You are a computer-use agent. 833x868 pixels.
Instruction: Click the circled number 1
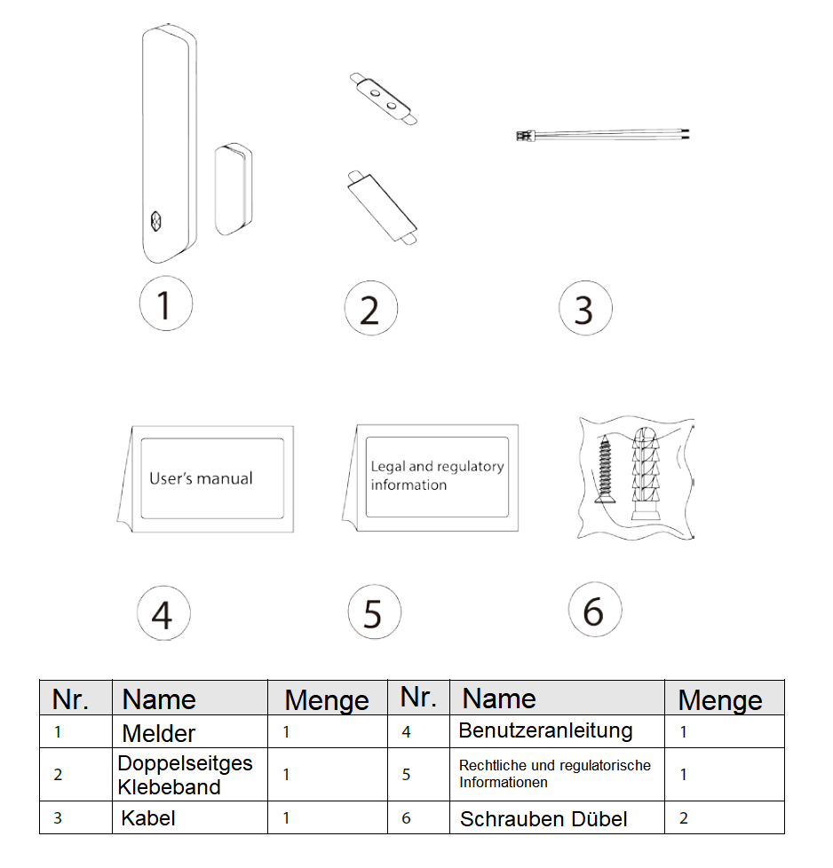point(165,304)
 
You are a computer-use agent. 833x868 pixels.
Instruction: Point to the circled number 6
point(594,611)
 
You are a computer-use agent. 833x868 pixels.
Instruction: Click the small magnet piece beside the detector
point(234,189)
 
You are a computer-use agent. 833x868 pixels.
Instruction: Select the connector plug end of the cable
point(523,136)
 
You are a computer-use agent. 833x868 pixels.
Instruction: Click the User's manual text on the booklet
point(201,478)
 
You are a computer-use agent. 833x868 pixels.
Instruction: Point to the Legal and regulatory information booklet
point(436,476)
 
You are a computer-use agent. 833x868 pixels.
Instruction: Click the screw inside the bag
point(607,470)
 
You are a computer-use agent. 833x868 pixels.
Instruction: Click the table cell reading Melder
point(158,733)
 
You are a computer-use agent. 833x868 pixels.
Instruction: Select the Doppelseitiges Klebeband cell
point(185,775)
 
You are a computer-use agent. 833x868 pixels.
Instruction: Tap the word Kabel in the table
point(148,817)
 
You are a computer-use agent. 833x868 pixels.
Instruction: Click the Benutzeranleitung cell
point(545,731)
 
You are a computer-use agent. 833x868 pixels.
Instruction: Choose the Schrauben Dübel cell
point(543,818)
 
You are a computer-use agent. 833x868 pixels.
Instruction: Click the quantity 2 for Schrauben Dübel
point(684,817)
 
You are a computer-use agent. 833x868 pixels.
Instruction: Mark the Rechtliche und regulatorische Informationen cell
point(554,774)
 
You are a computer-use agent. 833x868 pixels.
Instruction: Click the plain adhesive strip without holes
point(382,204)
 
